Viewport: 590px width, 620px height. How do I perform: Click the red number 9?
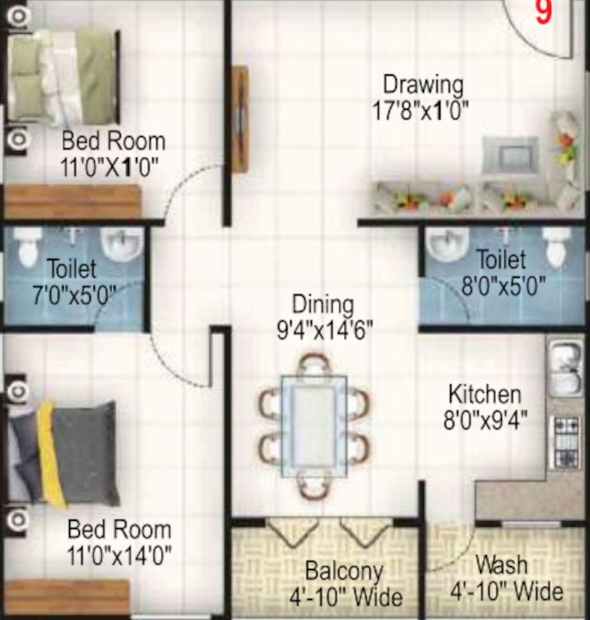(x=544, y=12)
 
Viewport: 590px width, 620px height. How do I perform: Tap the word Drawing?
(x=423, y=85)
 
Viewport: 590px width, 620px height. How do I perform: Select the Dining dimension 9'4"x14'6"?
(x=325, y=330)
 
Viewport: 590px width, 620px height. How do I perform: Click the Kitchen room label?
(x=485, y=395)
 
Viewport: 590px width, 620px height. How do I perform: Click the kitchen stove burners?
(x=567, y=442)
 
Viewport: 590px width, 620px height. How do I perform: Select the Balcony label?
(x=344, y=571)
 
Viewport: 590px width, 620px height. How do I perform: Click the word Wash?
(x=502, y=564)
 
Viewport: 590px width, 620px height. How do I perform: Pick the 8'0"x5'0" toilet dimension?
(x=504, y=285)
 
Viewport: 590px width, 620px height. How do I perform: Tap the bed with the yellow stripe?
(x=63, y=453)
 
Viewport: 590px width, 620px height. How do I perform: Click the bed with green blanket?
(x=63, y=77)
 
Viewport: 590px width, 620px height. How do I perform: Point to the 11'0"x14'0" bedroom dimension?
(x=119, y=555)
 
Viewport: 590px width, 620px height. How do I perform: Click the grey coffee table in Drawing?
(x=510, y=156)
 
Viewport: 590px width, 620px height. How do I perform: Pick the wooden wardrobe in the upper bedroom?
(x=73, y=201)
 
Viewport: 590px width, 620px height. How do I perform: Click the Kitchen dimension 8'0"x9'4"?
(x=485, y=420)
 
